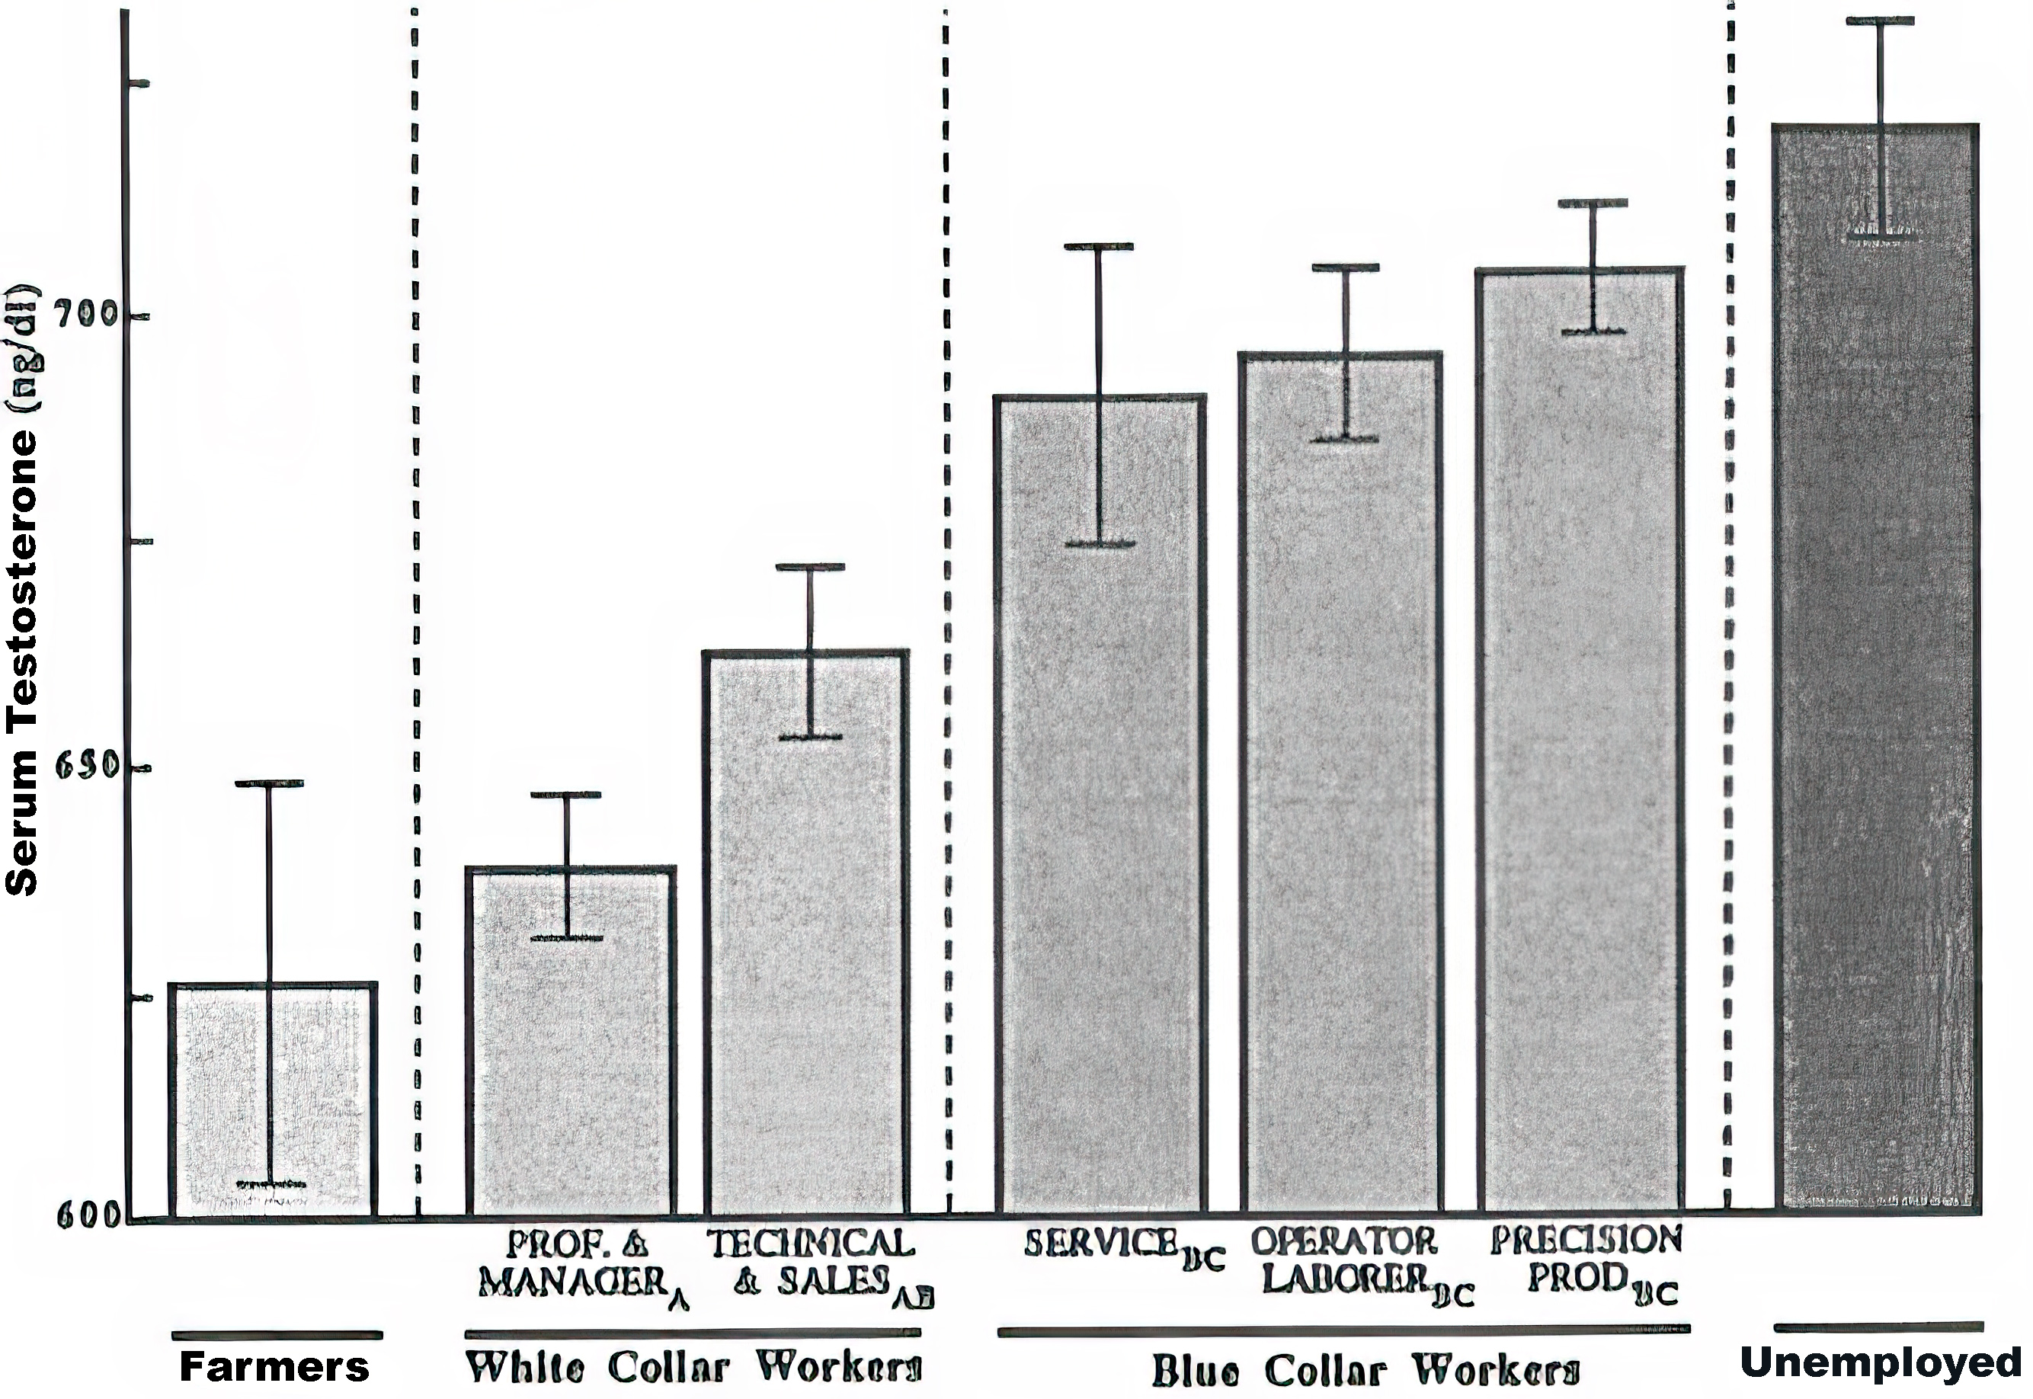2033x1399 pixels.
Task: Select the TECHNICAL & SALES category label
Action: (x=811, y=1263)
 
